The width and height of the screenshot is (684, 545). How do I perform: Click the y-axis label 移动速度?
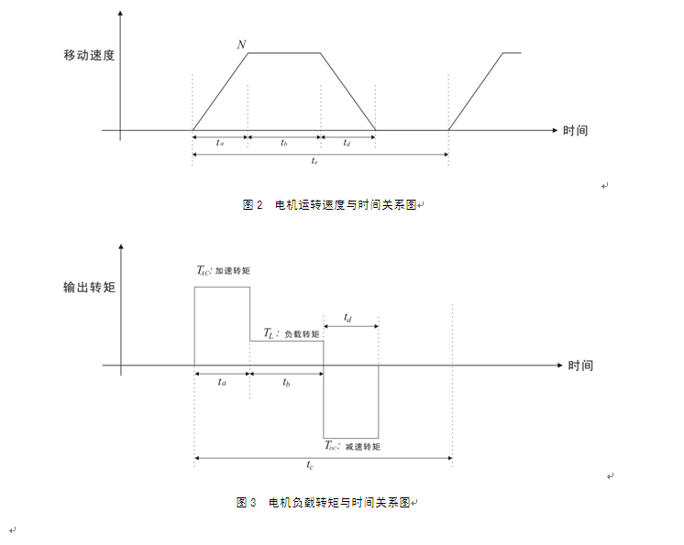coord(88,55)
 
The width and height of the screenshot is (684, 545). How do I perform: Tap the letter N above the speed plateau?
coord(241,44)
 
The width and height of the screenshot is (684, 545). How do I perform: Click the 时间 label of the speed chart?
coord(576,131)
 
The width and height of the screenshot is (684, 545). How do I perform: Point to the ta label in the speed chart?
coord(220,144)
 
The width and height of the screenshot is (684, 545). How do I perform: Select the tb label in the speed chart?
coord(284,144)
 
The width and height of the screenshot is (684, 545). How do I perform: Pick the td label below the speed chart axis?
coord(348,144)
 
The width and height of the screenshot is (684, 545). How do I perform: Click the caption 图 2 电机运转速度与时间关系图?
coord(331,205)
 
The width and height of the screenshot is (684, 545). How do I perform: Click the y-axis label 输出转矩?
coord(89,288)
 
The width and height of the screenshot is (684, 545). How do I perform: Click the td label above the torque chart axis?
coord(349,317)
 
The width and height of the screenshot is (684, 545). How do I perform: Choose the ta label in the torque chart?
coord(222,382)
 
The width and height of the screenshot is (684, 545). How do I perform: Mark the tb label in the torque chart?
coord(287,382)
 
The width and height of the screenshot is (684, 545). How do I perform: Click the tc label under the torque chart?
coord(313,465)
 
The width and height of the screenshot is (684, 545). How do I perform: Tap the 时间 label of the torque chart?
coord(580,365)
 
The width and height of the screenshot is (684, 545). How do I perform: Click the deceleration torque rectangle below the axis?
coord(350,403)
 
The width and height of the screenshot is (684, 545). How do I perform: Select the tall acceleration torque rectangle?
coord(222,326)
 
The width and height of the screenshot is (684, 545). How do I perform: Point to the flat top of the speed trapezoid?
coord(284,53)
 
